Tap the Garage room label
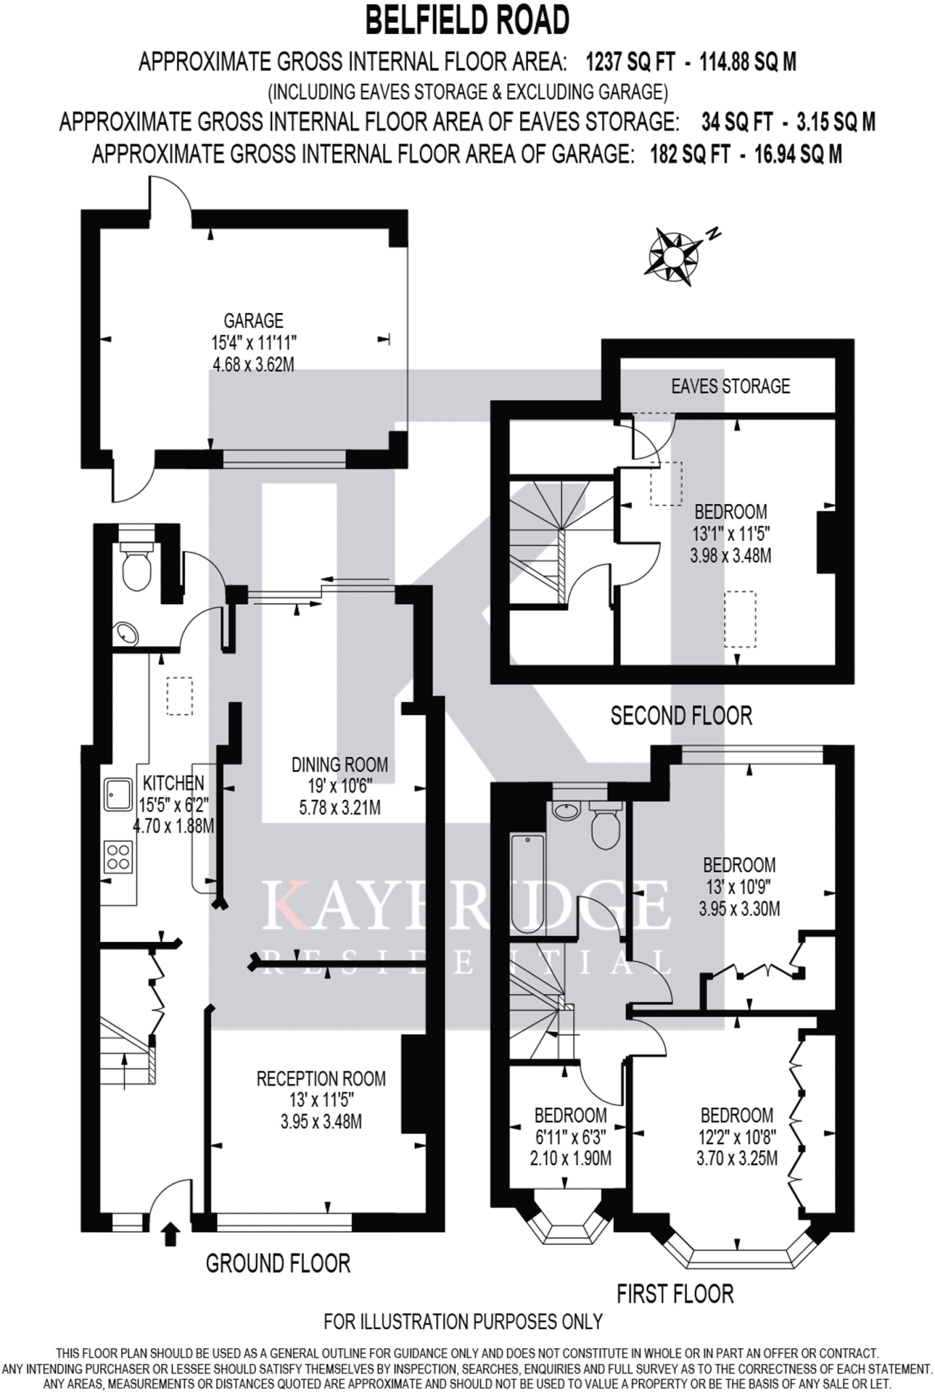click(x=253, y=320)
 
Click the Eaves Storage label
click(x=730, y=386)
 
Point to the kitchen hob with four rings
click(x=118, y=857)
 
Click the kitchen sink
click(x=118, y=794)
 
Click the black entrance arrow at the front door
click(x=170, y=1234)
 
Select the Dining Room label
click(x=340, y=765)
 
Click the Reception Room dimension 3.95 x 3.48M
click(x=321, y=1122)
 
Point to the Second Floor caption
click(x=681, y=716)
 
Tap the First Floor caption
click(x=675, y=1293)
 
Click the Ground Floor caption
click(x=278, y=1263)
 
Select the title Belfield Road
click(x=467, y=20)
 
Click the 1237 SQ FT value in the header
click(x=631, y=63)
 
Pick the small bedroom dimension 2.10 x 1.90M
click(x=570, y=1158)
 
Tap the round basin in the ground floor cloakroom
click(x=126, y=633)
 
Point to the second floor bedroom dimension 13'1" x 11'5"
click(x=731, y=533)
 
